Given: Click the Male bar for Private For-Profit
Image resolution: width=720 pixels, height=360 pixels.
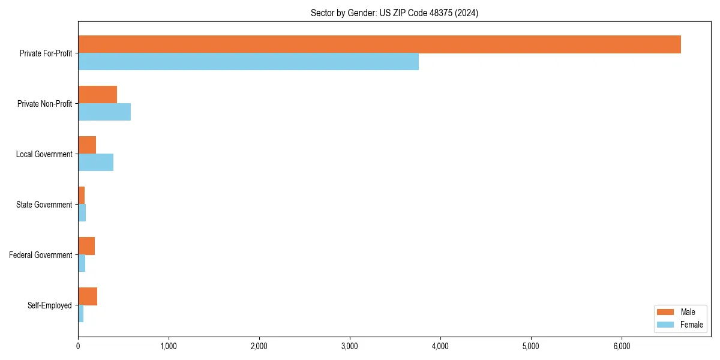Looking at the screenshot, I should click(379, 44).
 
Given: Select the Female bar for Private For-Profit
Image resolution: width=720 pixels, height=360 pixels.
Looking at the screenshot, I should click(248, 62).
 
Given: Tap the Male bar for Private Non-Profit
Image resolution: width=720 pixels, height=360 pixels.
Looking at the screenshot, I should click(97, 95).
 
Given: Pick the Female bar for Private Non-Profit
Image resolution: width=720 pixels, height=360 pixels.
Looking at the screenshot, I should click(104, 112).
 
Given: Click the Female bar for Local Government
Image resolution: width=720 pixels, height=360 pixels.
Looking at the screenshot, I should click(95, 163).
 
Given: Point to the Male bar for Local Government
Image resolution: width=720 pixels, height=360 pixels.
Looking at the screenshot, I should click(87, 145).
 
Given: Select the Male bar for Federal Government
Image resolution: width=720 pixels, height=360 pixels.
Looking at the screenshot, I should click(86, 246).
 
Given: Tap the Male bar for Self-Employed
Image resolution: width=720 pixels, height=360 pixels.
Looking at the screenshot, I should click(88, 296).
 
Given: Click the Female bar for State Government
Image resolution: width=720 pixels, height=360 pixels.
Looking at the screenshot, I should click(82, 213).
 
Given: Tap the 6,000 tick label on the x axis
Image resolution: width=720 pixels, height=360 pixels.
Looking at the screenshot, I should click(622, 346).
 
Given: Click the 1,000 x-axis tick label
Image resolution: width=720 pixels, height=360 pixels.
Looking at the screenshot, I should click(169, 346).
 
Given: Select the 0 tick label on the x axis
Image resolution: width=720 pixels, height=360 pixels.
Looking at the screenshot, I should click(78, 346).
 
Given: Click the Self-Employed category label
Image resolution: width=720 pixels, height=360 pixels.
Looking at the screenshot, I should click(50, 305).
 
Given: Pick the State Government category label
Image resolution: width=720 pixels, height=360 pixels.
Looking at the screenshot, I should click(44, 205).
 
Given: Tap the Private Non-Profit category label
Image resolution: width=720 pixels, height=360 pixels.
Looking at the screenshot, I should click(45, 104).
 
